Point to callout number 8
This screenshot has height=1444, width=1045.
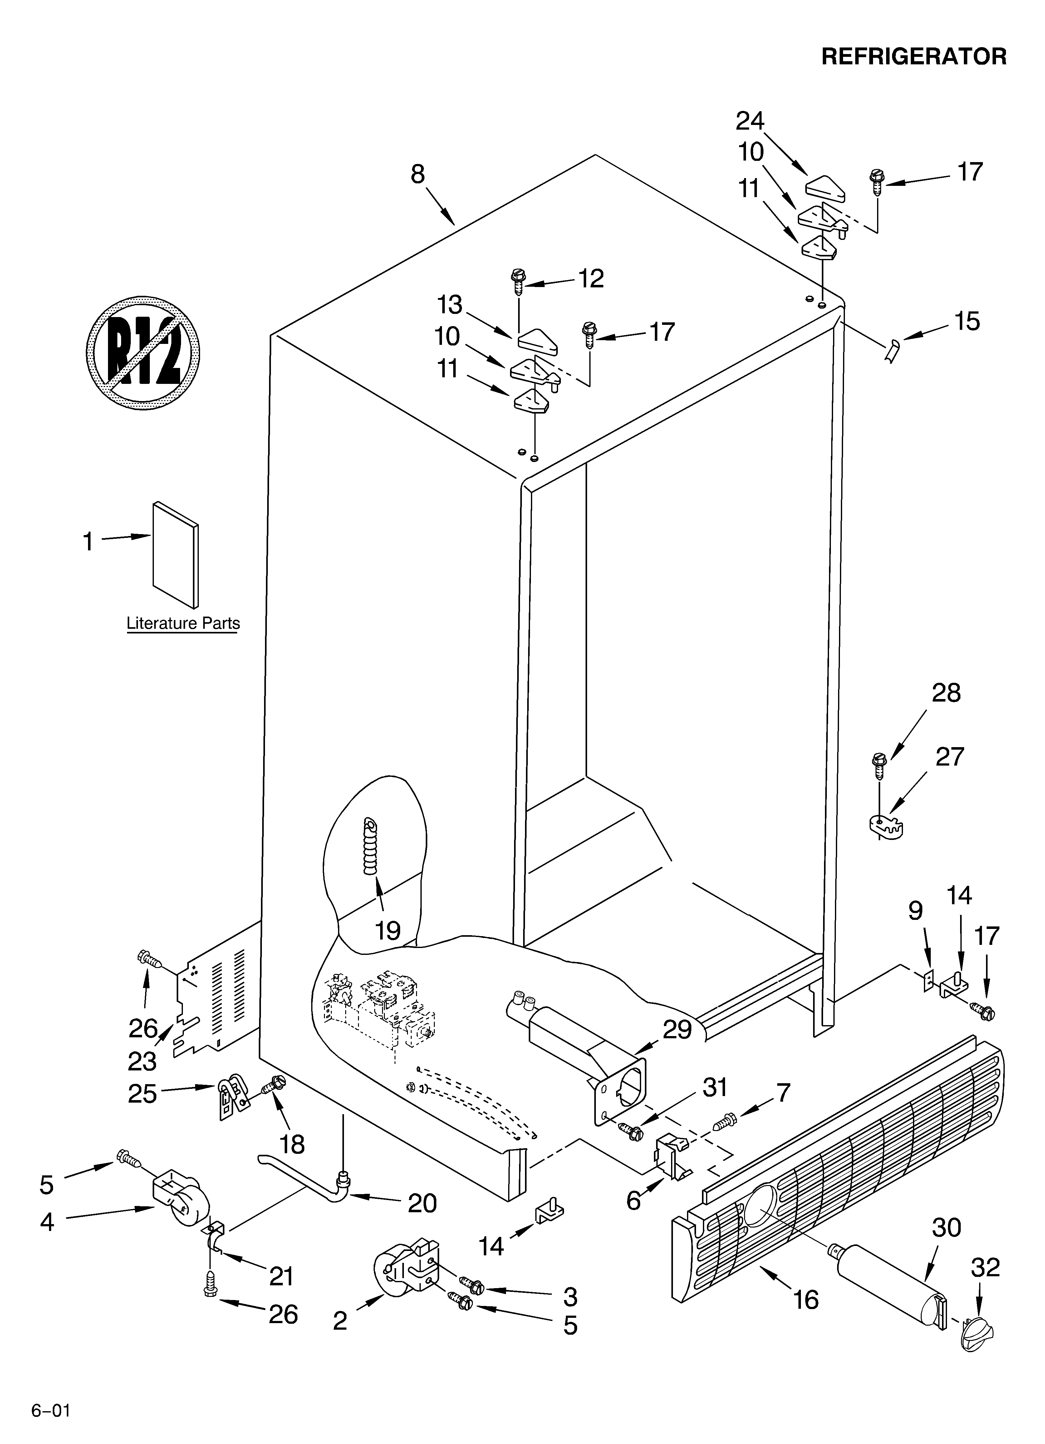pos(418,174)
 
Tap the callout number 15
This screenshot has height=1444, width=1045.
pos(967,321)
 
